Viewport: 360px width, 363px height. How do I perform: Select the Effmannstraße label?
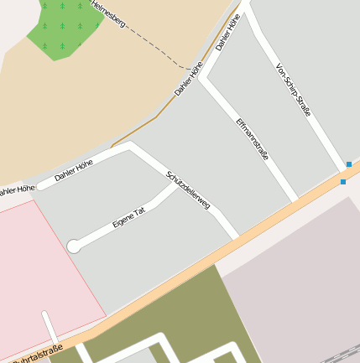(253, 137)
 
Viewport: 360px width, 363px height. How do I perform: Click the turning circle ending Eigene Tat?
(74, 246)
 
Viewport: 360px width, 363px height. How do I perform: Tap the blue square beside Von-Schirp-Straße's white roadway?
(348, 164)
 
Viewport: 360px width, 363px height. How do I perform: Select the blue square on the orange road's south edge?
(343, 182)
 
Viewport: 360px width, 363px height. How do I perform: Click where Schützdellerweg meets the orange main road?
(236, 237)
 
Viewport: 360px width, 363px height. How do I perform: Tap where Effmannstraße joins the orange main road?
(295, 202)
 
